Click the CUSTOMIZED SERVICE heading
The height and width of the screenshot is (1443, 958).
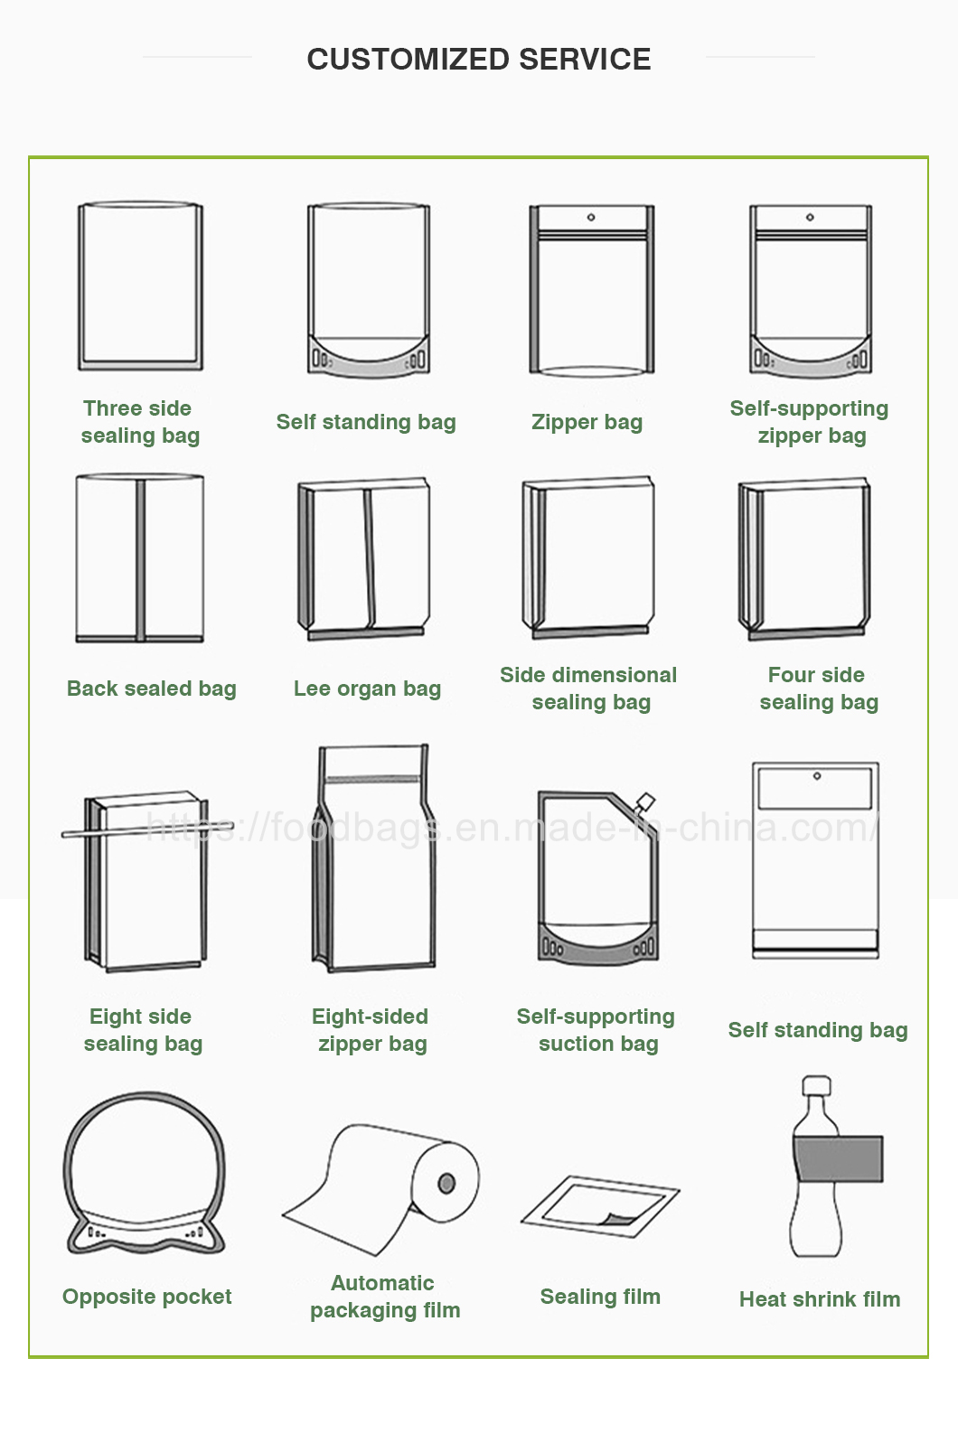click(x=478, y=60)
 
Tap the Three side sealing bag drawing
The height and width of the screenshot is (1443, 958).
click(x=140, y=286)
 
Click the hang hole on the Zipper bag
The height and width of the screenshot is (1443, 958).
click(x=591, y=218)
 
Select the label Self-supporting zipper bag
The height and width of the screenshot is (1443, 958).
click(x=810, y=422)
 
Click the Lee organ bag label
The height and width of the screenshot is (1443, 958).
click(x=367, y=689)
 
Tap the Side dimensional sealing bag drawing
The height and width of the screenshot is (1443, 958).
click(x=587, y=558)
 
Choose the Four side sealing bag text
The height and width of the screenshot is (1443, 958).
click(x=818, y=689)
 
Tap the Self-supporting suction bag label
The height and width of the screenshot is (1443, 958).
click(x=596, y=1030)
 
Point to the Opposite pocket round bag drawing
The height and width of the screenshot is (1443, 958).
click(x=144, y=1175)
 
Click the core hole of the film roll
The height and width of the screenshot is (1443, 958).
click(x=446, y=1183)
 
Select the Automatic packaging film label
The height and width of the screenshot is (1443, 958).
click(x=384, y=1297)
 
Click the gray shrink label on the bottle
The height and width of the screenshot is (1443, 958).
click(x=838, y=1159)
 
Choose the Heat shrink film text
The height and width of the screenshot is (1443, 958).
click(x=819, y=1299)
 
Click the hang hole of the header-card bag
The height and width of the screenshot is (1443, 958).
click(x=816, y=776)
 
